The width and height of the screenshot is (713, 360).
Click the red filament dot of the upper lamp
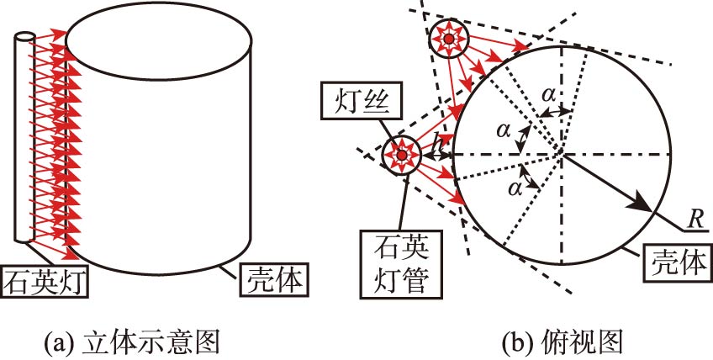pos(449,39)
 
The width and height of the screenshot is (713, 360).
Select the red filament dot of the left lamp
pos(400,156)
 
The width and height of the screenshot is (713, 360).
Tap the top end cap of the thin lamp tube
pos(24,38)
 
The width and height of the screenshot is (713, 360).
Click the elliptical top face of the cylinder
pos(159,40)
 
